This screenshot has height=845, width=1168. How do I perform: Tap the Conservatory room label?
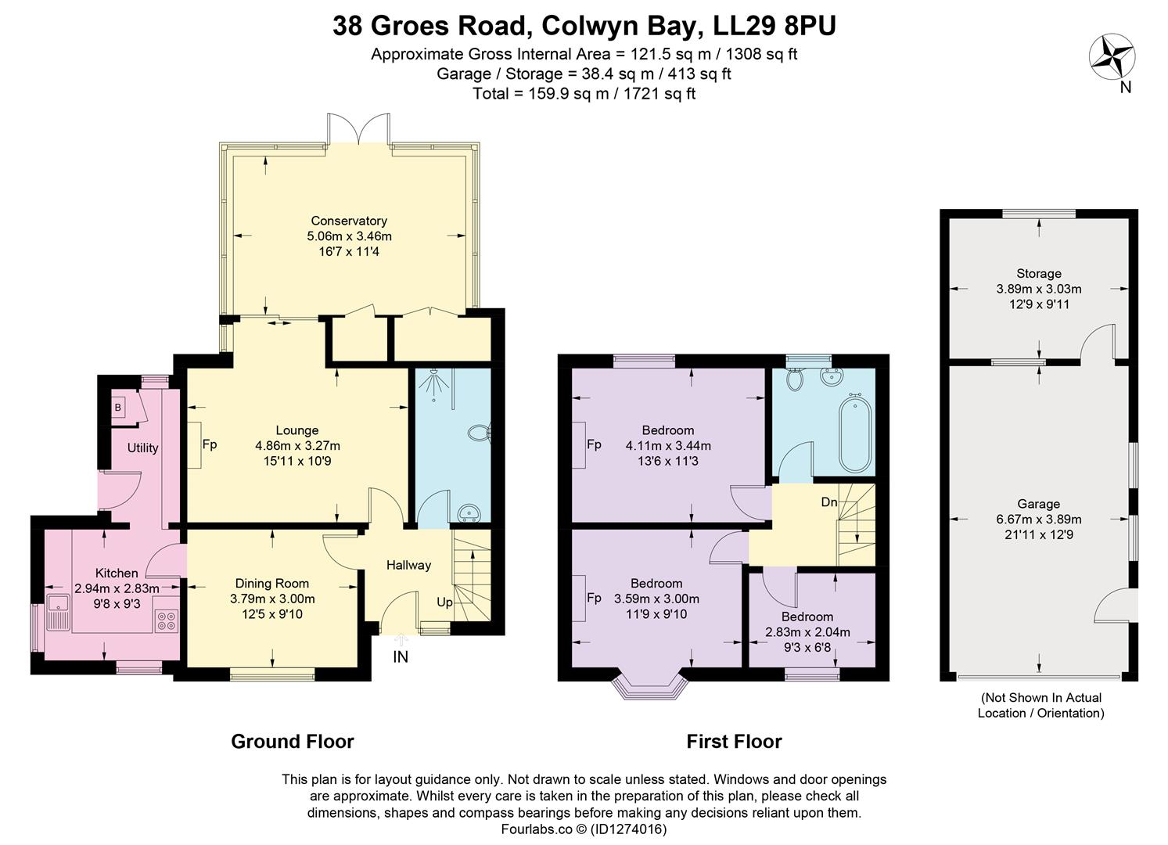(x=349, y=221)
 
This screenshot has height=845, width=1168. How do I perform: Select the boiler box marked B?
(x=118, y=408)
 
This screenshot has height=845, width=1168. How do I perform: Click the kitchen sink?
(x=59, y=612)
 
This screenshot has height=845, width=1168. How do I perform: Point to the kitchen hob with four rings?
(x=167, y=620)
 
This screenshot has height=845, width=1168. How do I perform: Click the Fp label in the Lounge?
(x=210, y=445)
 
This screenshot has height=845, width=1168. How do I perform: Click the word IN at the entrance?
(x=400, y=656)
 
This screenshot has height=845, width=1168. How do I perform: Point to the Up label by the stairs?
(x=444, y=602)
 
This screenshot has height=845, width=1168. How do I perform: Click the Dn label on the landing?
(x=829, y=502)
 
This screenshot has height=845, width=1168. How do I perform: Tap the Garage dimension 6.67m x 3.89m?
(x=1039, y=520)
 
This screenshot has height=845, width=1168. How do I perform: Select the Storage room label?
(x=1039, y=273)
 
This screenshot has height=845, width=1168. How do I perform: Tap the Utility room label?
(x=142, y=448)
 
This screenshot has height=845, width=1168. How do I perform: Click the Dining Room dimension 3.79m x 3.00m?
(x=272, y=599)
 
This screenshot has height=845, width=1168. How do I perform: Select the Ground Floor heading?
(x=293, y=741)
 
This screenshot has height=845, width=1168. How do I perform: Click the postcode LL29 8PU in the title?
(x=774, y=26)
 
